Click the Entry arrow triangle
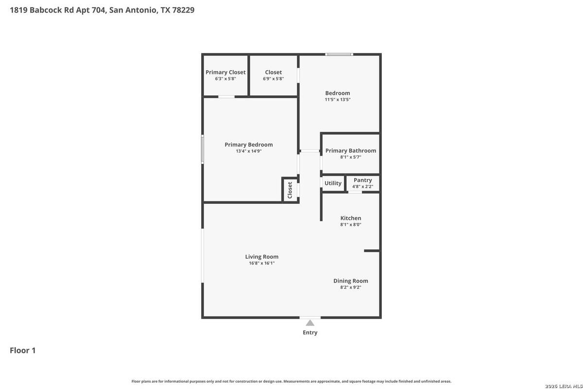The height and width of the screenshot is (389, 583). [310, 323]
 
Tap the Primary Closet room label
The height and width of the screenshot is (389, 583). [225, 72]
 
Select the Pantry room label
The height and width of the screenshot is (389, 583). [362, 180]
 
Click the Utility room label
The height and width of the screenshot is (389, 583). [333, 183]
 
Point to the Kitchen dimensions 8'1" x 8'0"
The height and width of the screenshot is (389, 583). [351, 225]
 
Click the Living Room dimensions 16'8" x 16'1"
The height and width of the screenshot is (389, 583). [261, 263]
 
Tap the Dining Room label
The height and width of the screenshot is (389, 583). [351, 281]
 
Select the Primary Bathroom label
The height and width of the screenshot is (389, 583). [351, 151]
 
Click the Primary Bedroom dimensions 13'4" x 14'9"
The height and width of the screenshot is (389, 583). [249, 151]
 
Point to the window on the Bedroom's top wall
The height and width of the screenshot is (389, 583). [339, 54]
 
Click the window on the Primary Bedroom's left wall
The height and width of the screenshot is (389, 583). [203, 149]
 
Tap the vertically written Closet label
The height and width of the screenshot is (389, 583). [290, 190]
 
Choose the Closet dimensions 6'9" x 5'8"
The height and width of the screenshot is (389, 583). [273, 79]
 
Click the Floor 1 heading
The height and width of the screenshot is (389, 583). [23, 351]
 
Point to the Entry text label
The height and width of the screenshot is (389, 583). [310, 333]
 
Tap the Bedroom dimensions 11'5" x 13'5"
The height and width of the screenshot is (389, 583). [338, 100]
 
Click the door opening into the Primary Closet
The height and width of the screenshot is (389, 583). [226, 97]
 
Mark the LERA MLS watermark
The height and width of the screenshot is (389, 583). [564, 386]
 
